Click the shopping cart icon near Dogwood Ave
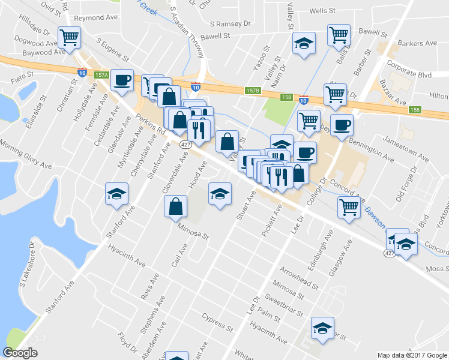tap(69, 38)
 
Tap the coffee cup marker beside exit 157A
tap(122, 80)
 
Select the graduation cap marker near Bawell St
tap(304, 43)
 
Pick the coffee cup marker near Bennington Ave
tap(342, 125)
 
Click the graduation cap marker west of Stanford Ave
tap(116, 193)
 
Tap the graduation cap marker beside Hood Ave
tap(220, 194)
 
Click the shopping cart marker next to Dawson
tap(349, 207)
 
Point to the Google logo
tap(20, 353)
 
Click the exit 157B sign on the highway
tap(253, 90)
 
